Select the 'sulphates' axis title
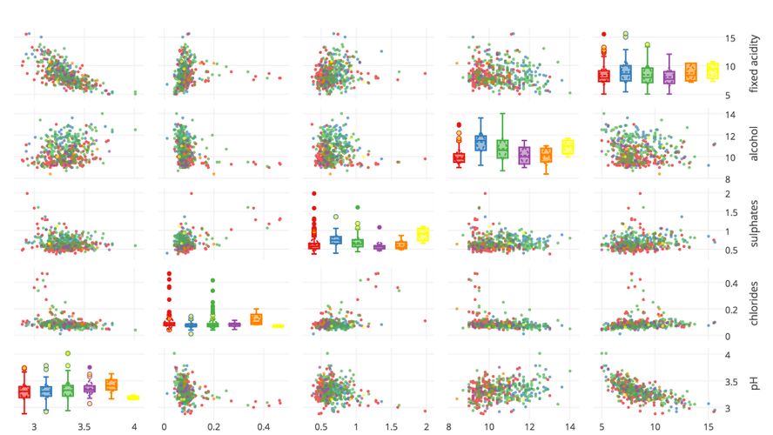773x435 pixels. pos(755,223)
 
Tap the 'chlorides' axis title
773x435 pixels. pos(755,302)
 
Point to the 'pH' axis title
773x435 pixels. pos(755,381)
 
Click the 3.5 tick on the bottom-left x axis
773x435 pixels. pos(84,427)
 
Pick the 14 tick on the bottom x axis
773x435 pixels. pos(569,427)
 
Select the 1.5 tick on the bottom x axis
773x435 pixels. pos(391,427)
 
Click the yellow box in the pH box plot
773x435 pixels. pos(132,397)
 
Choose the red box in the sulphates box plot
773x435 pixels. pos(314,246)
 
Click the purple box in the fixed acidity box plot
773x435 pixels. pos(669,77)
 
